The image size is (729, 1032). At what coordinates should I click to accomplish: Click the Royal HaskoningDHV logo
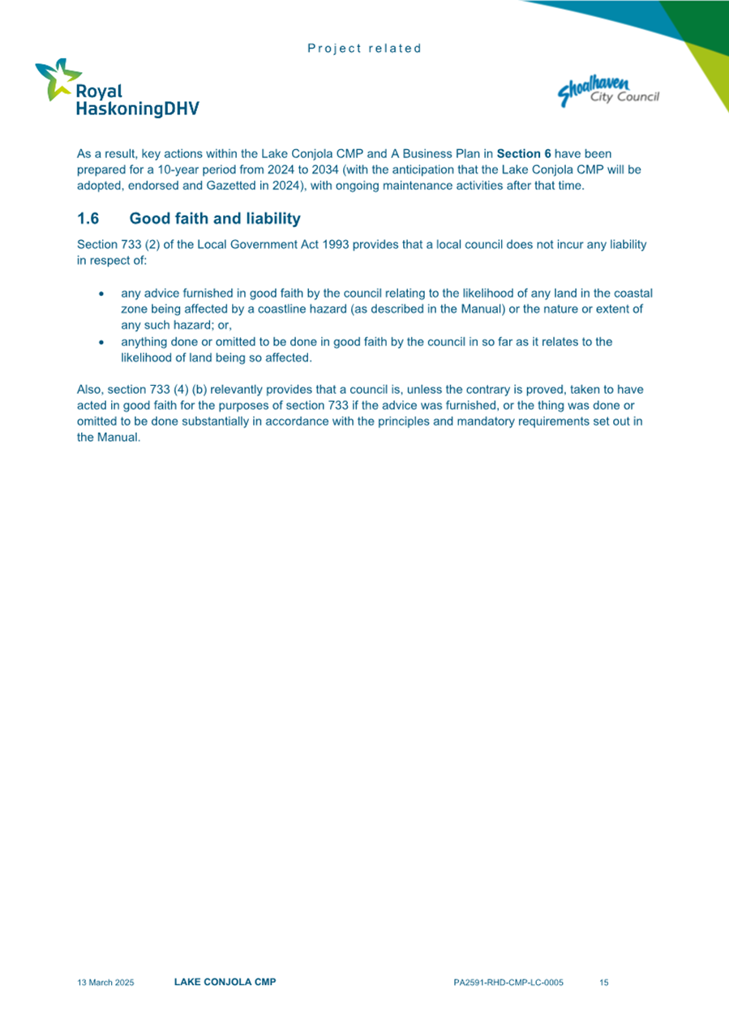(116, 88)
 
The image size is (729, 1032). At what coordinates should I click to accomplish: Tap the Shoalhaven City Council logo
(608, 90)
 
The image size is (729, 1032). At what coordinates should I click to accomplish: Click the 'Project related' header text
(365, 49)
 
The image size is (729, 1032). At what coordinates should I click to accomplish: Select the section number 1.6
(88, 219)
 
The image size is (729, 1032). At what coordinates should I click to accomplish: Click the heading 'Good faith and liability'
(215, 219)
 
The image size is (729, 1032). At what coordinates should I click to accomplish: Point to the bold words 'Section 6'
(524, 153)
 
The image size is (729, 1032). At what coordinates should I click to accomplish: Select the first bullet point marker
(101, 293)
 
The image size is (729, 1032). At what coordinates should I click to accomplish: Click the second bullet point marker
(101, 343)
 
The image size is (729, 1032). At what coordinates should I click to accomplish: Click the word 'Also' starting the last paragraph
(89, 390)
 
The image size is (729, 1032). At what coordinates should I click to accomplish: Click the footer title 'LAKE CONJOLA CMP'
(225, 983)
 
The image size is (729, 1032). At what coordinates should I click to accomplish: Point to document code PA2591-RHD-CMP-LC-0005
(508, 983)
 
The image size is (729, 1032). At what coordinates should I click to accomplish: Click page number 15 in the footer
(604, 983)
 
